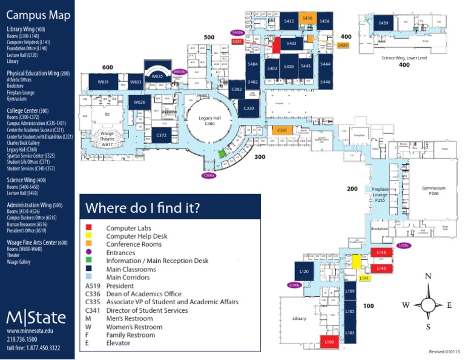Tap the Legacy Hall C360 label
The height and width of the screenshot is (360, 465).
point(210,120)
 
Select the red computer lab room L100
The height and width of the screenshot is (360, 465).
point(329,342)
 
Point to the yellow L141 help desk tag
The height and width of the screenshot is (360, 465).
point(364,278)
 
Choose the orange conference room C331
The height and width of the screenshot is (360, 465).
point(282,130)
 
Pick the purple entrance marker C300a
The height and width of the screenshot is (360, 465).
point(209,175)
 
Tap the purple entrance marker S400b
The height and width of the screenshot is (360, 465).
point(237,32)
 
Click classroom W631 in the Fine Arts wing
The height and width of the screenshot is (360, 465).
point(103,81)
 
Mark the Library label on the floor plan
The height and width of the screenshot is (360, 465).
point(299,318)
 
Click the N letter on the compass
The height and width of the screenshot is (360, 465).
point(428,276)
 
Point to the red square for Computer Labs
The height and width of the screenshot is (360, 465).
point(89,228)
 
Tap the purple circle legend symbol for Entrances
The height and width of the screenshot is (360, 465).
point(89,253)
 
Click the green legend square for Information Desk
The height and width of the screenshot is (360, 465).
point(89,261)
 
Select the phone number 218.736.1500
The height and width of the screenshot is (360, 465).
point(24,339)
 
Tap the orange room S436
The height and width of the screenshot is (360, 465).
point(307,19)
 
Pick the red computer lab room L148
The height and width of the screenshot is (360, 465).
point(381,252)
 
